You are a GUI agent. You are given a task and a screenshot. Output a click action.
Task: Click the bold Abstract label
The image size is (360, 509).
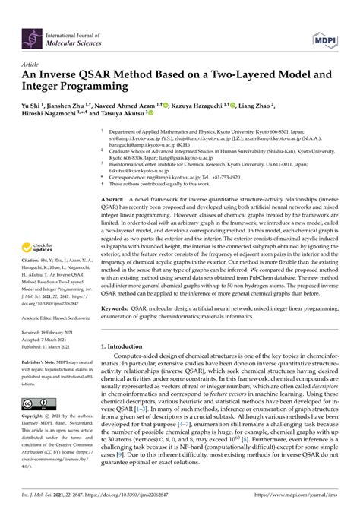point(112,197)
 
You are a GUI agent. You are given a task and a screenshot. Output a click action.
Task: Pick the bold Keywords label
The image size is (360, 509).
point(115,310)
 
